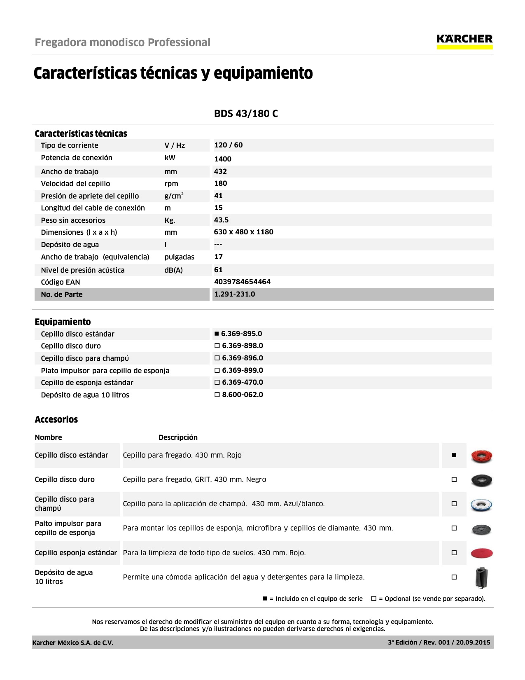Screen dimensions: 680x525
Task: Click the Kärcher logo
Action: tap(464, 41)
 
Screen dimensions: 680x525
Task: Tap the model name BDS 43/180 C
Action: tap(246, 114)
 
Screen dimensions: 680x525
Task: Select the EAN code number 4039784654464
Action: tap(242, 282)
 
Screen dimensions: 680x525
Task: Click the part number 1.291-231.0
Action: tap(234, 294)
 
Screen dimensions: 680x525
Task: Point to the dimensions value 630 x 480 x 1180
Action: tap(243, 232)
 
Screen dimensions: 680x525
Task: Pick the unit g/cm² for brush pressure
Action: tap(174, 196)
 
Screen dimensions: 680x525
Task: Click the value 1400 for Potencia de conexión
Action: tap(223, 159)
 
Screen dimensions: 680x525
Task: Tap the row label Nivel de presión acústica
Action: tap(82, 270)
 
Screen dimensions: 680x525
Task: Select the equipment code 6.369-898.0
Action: tap(242, 346)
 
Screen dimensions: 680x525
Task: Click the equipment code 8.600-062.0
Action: tap(242, 395)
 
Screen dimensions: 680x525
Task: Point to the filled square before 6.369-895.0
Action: tap(217, 334)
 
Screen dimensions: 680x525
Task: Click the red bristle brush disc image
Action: tap(481, 456)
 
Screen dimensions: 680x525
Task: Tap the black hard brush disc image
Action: tap(481, 480)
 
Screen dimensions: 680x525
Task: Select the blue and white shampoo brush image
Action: tap(481, 505)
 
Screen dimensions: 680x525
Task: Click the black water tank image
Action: tap(481, 577)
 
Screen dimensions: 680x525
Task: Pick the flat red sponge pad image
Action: tap(481, 553)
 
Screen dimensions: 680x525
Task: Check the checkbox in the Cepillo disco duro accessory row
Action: tap(454, 479)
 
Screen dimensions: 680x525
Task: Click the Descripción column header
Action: tap(178, 437)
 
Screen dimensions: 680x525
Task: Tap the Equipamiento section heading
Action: tap(63, 322)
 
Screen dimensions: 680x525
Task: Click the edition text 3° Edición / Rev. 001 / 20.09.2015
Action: tap(439, 643)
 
